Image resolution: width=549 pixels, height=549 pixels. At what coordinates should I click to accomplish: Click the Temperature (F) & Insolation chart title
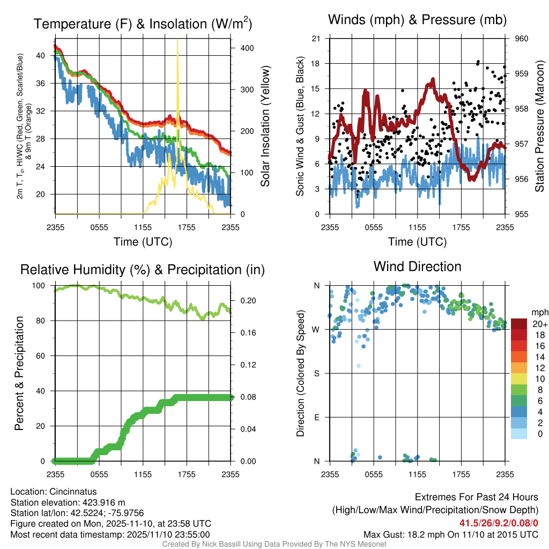[143, 24]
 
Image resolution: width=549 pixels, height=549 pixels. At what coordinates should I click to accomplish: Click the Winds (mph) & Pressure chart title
[417, 20]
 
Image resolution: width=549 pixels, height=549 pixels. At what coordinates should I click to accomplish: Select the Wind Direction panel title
[417, 266]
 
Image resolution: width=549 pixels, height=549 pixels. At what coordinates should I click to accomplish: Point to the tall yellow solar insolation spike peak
[177, 41]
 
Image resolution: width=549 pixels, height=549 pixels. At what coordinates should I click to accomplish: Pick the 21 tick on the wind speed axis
[316, 39]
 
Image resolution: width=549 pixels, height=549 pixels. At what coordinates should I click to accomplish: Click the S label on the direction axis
[317, 373]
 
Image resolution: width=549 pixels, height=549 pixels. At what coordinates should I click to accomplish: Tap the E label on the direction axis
[317, 417]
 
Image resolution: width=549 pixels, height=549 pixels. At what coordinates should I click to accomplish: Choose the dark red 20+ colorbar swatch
[519, 324]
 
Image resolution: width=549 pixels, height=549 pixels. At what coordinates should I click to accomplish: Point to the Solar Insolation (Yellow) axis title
[265, 126]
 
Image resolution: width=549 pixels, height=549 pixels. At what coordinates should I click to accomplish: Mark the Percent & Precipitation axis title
[19, 373]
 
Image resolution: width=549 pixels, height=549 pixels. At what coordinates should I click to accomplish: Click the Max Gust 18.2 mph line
[450, 534]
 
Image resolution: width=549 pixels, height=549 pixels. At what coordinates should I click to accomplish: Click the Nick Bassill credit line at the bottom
[274, 544]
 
